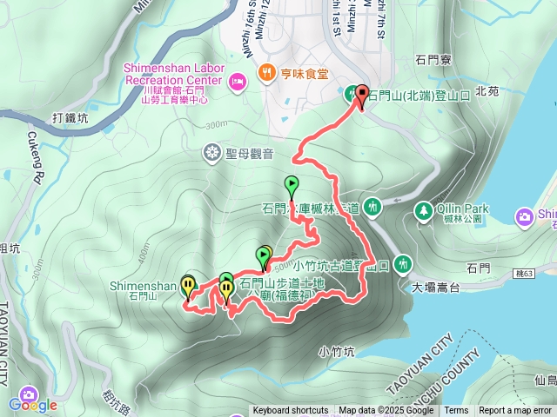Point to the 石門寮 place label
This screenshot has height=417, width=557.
point(433,60)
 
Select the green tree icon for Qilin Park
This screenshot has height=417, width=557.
point(423,210)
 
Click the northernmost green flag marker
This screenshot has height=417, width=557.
point(292,186)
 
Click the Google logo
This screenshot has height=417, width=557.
point(33,405)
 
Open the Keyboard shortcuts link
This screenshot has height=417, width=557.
point(291,411)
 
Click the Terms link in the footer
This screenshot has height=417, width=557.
point(456,411)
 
